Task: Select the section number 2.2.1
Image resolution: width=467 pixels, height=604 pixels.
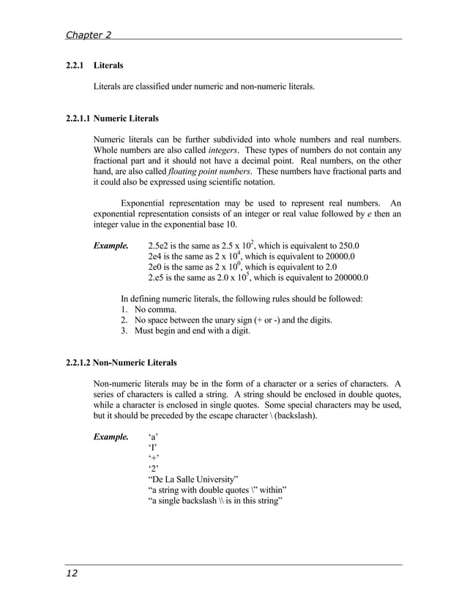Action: [x=75, y=66]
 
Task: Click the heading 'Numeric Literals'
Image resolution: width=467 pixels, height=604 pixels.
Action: [x=127, y=118]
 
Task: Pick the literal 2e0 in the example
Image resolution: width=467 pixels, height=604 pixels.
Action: [x=155, y=268]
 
